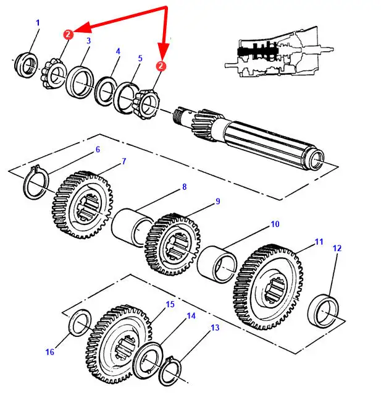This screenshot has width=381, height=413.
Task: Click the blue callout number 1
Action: coord(38,23)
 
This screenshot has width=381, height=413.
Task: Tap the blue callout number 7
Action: coord(124,161)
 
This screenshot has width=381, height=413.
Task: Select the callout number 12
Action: coord(337,248)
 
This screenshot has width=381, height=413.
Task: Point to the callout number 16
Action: coord(50,352)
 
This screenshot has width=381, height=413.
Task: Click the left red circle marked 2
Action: coord(68,34)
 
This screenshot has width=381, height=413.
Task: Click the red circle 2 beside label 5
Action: coord(161,66)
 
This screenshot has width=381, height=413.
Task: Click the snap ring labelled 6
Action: coord(36,182)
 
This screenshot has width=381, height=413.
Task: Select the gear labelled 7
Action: coord(82,205)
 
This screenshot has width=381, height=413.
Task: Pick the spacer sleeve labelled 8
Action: coord(132,227)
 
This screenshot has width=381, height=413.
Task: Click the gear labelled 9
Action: coord(173,244)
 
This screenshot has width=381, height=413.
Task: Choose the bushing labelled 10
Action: coord(217,265)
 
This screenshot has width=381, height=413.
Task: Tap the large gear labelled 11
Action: coord(268,287)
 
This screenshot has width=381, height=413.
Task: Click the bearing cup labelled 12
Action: coord(323,312)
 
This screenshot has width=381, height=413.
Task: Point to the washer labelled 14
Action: coord(148,360)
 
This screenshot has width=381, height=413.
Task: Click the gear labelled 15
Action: coord(119,344)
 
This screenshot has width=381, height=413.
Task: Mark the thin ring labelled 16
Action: coord(80,323)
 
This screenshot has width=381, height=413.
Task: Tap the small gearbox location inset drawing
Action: coord(279,52)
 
